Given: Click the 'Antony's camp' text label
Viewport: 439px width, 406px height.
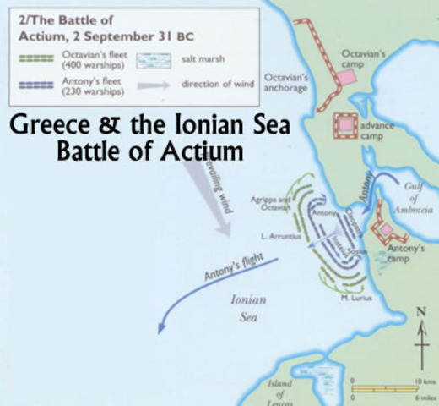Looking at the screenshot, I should tap(405, 253).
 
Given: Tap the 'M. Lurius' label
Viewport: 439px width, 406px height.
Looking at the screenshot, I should tap(355, 298).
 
